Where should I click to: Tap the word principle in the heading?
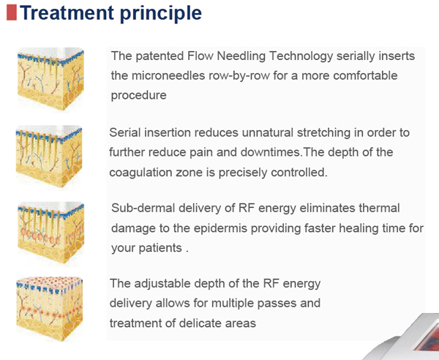tap(162, 13)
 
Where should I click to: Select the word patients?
tap(159, 248)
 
